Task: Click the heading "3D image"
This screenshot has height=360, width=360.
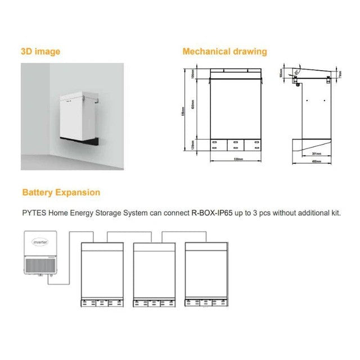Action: (40, 52)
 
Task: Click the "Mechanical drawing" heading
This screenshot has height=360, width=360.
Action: (224, 52)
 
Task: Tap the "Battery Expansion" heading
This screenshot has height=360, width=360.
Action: (61, 192)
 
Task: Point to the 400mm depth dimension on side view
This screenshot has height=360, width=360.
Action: (316, 161)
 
